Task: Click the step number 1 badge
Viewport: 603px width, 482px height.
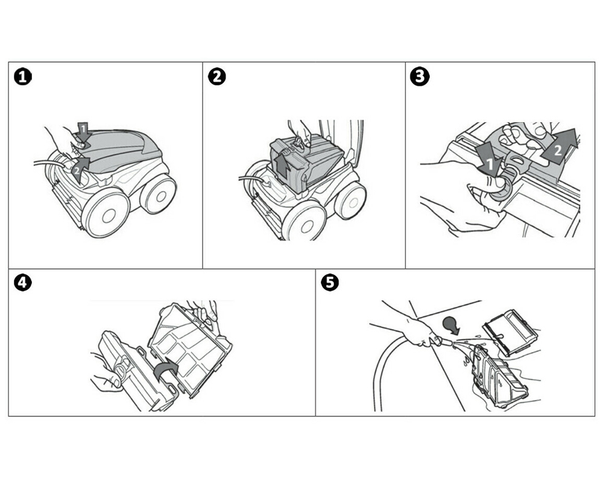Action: coord(23,77)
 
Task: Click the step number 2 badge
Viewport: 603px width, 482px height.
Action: coord(216,77)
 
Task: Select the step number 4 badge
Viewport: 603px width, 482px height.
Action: coord(23,283)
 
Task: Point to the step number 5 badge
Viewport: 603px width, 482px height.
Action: coord(329,283)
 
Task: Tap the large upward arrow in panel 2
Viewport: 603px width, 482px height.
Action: coord(281,164)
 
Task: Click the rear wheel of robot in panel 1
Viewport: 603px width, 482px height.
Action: coord(158,194)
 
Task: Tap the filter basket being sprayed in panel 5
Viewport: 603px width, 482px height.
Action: coord(498,377)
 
